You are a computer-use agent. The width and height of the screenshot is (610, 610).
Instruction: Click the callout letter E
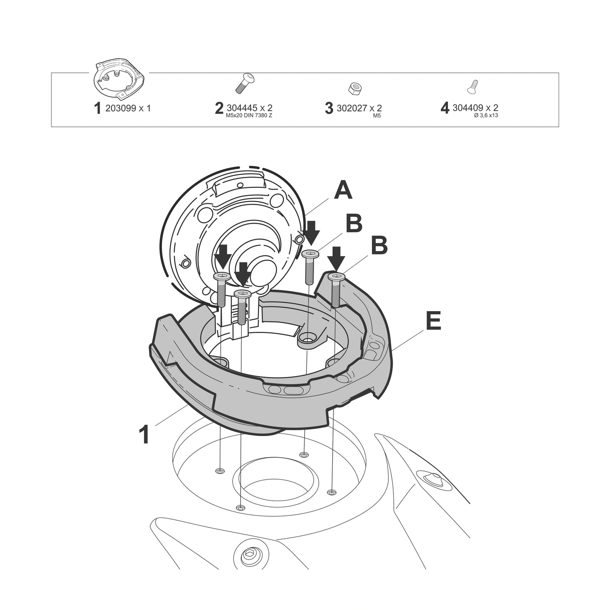tap(433, 320)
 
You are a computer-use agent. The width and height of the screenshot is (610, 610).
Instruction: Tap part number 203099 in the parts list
tap(121, 108)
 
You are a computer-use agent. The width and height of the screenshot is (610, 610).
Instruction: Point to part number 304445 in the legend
tap(242, 108)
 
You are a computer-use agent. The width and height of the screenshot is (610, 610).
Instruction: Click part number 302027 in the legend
tap(352, 108)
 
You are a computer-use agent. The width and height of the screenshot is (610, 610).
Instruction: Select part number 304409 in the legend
tap(468, 108)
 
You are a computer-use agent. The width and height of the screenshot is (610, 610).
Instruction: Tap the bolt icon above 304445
tap(246, 83)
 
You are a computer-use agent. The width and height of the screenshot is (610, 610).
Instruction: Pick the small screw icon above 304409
tap(472, 87)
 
